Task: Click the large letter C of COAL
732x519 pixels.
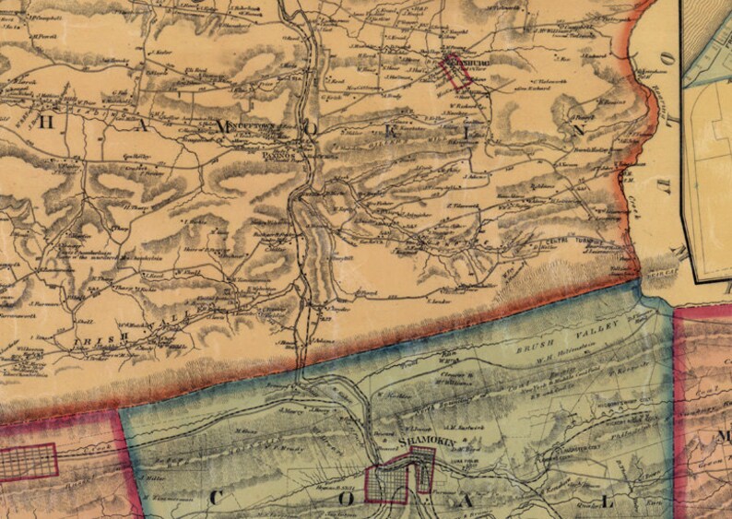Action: (x=218, y=497)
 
